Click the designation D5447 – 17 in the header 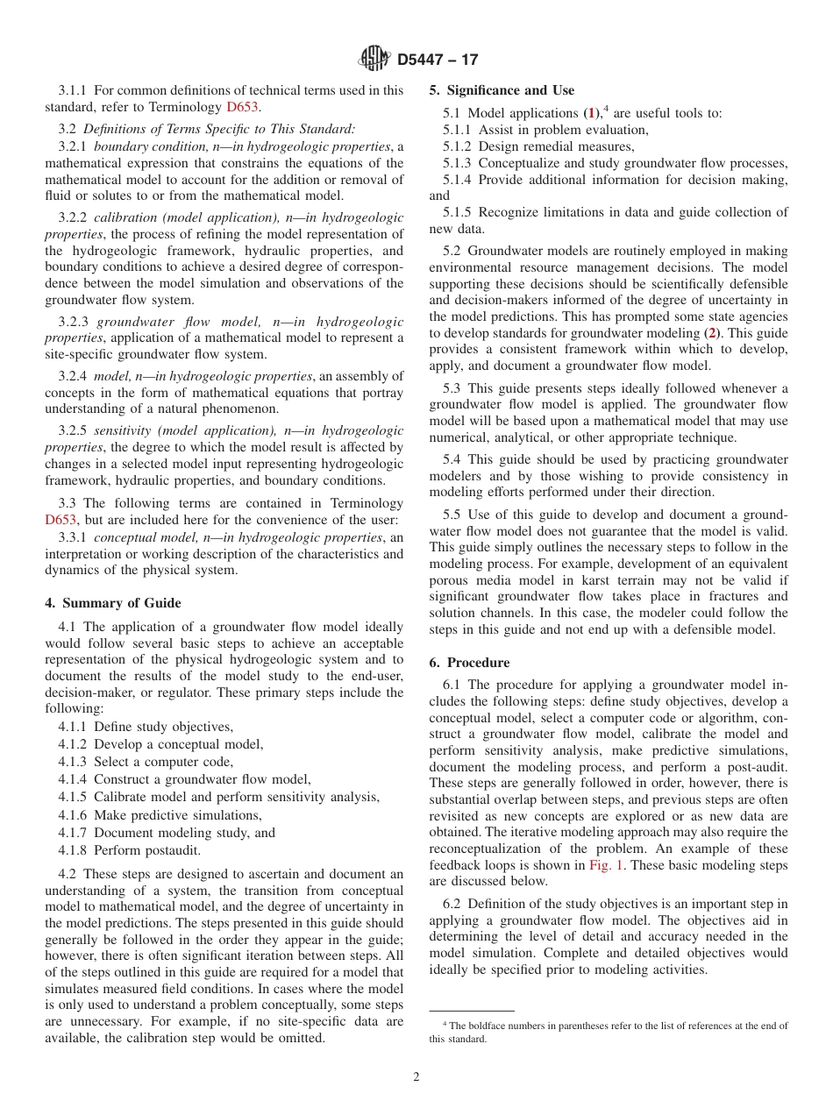[437, 60]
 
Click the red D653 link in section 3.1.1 [243, 107]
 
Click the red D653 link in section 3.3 [61, 520]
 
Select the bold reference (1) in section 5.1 [594, 114]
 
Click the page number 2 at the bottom [416, 1077]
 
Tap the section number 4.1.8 [73, 850]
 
